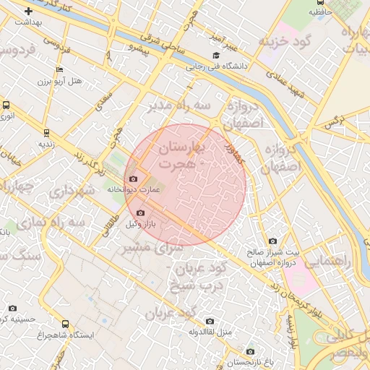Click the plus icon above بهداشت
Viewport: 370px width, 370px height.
(28, 12)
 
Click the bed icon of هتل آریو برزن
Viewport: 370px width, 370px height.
(60, 70)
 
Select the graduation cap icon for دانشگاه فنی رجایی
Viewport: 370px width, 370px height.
(215, 56)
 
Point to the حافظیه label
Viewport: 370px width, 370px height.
(322, 12)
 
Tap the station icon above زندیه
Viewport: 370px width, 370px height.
(47, 133)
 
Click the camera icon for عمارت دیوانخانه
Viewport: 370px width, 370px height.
(132, 178)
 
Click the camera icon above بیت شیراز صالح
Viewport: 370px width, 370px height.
(272, 241)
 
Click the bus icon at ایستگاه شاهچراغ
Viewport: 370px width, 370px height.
(66, 324)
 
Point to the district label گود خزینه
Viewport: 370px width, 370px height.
(285, 40)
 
